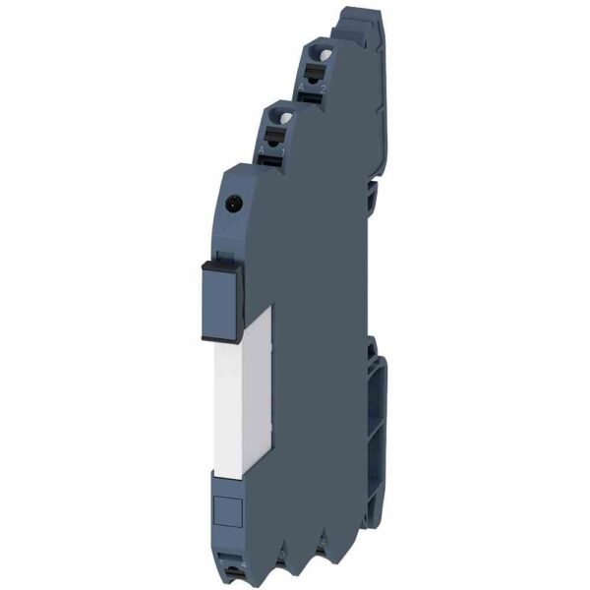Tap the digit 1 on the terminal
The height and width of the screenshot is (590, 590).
point(286,156)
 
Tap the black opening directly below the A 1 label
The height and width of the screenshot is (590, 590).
point(276,166)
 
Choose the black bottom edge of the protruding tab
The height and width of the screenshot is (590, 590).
point(225,337)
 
